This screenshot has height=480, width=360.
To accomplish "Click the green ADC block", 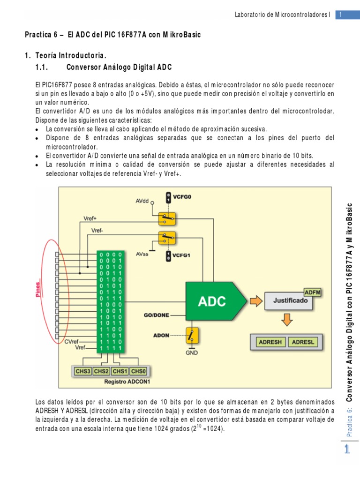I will pos(214,300).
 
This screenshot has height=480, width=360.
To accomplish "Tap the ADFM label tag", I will pos(313,292).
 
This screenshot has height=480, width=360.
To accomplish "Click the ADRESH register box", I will pos(270,342).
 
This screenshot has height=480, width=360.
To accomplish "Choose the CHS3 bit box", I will pos(83,371).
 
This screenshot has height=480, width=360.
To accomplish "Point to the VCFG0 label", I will pos(182,197).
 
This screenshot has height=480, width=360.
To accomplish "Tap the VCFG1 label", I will pos(182,256).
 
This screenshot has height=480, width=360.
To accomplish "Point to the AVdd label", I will pos(142,201).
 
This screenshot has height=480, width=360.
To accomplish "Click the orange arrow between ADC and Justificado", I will pos(256,300).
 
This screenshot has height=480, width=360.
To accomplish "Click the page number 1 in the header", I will pos(341,15).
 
